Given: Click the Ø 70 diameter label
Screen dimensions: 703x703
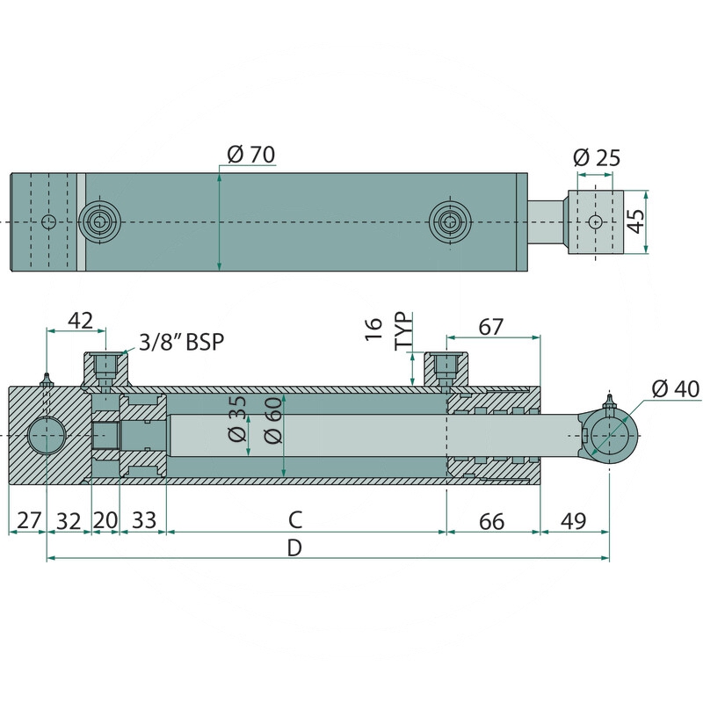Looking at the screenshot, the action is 250,155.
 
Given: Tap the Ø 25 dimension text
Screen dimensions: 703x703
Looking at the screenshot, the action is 597,158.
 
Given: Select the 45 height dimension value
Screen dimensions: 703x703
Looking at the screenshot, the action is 635,221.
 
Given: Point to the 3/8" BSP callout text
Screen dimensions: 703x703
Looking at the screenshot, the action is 181,343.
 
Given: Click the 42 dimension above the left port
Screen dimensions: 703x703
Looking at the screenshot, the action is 80,321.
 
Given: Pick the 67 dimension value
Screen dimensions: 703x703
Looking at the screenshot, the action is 491,327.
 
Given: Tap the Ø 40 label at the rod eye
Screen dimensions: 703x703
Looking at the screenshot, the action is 675,388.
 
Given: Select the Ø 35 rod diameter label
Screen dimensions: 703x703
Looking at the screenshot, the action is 237,418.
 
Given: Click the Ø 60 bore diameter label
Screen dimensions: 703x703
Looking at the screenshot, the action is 273,420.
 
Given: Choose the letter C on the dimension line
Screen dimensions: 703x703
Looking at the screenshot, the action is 295,520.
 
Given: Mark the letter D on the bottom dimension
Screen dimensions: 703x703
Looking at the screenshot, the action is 294,547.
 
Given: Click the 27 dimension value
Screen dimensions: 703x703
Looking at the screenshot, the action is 29,521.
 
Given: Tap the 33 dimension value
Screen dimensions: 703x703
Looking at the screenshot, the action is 144,521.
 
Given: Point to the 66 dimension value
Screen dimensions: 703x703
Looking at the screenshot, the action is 492,522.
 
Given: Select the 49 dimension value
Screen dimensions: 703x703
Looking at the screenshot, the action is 574,521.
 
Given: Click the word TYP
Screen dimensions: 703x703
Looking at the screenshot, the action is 403,331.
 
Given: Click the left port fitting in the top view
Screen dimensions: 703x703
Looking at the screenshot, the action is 99,222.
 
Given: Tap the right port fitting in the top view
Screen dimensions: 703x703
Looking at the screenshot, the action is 450,222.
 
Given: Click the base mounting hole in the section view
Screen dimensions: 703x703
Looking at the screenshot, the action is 47,435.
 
